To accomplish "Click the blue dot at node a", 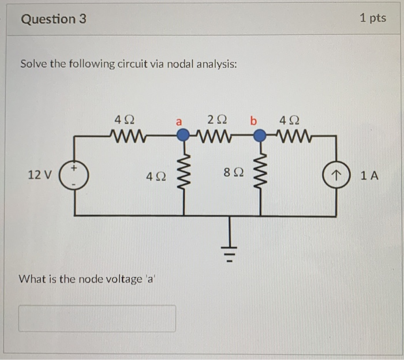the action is [183, 134].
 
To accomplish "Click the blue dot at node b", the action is [260, 136].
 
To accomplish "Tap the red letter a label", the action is [179, 122].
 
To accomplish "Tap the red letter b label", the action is [253, 121].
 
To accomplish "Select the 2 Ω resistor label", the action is [217, 120].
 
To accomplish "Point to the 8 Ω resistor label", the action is [233, 172].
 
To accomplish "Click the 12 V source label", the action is [40, 175].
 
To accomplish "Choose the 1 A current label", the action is [369, 176].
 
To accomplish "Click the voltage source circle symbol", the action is [74, 175].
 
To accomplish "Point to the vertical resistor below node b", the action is [260, 173].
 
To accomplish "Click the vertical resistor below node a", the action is [184, 172].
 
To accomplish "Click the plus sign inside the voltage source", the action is [74, 168].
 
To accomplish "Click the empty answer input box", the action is [97, 318].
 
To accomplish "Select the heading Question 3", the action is [54, 19].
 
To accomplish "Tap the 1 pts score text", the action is [373, 18].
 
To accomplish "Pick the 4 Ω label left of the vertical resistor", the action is [156, 177].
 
